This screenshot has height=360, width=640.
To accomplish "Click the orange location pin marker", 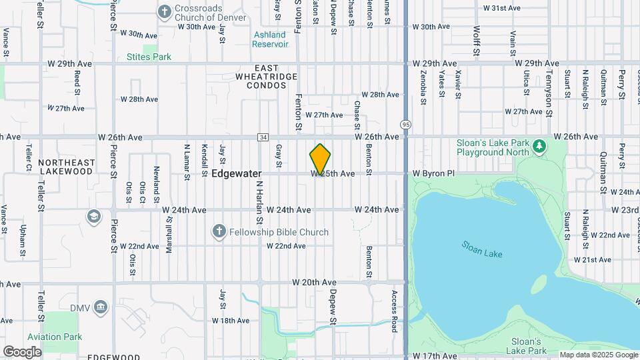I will (320, 159).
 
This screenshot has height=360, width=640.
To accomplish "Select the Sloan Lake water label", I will (481, 249).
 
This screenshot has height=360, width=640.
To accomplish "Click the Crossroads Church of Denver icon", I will (164, 11).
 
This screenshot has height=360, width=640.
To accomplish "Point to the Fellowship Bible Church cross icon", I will (218, 231).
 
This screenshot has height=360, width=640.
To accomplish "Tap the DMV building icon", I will (101, 307).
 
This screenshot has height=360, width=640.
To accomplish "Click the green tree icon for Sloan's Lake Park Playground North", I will (539, 145).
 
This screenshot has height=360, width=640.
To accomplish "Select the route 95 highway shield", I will (405, 124).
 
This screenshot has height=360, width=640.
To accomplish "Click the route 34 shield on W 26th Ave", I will (263, 137).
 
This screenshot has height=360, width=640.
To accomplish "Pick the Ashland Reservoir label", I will (270, 39).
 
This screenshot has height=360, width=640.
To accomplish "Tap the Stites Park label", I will (149, 57).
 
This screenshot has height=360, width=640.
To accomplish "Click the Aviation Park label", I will (54, 337).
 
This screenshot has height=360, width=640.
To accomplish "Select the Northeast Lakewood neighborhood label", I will (65, 167).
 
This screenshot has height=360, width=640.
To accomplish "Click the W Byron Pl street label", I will (433, 173).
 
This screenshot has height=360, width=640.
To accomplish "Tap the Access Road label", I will (395, 311).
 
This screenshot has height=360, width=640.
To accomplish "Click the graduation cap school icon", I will (94, 217).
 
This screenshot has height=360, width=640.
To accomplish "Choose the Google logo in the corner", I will (22, 351).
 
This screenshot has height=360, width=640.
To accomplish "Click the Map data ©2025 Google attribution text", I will (598, 355).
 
